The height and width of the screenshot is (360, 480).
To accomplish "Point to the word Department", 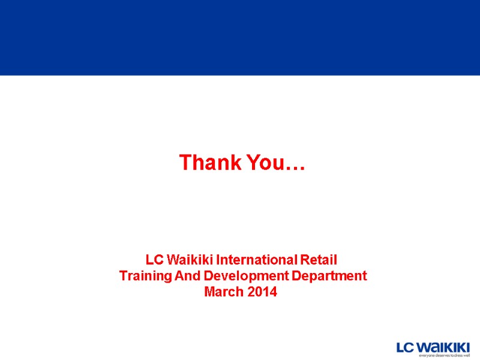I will pos(328,277).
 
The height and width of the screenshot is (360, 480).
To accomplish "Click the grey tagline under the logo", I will pos(444,356).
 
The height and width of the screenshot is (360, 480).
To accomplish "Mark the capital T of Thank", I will pos(185,163).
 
